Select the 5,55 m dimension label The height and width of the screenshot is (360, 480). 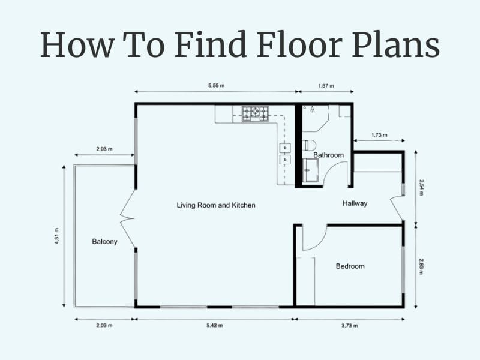pyautogui.click(x=216, y=86)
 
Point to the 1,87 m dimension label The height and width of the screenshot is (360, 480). pyautogui.click(x=326, y=86)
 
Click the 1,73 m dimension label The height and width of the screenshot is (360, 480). pyautogui.click(x=379, y=135)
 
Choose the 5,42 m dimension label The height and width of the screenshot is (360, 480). pyautogui.click(x=214, y=325)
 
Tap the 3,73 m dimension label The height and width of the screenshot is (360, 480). pyautogui.click(x=349, y=325)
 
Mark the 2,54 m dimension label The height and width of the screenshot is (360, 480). pyautogui.click(x=422, y=188)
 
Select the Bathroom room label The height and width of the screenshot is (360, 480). pyautogui.click(x=328, y=155)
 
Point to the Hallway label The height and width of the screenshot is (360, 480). pyautogui.click(x=355, y=203)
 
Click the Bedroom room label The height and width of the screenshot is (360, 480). pyautogui.click(x=350, y=266)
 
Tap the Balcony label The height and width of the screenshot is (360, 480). pyautogui.click(x=104, y=242)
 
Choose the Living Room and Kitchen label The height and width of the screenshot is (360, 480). pyautogui.click(x=216, y=205)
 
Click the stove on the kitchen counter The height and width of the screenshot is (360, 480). pyautogui.click(x=255, y=113)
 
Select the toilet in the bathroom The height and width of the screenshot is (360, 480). pyautogui.click(x=310, y=145)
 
